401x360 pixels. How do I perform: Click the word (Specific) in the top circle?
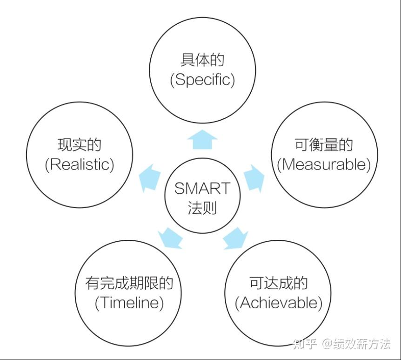point(202,80)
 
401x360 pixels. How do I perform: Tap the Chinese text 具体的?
point(202,61)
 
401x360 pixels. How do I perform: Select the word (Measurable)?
point(324,164)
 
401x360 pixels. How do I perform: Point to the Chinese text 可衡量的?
point(324,145)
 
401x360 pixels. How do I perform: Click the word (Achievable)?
point(278,303)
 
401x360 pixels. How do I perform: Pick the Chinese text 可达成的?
point(278,284)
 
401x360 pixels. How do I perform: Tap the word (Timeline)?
point(129,303)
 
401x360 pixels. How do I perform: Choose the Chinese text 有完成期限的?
point(129,284)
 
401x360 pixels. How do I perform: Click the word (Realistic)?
point(79,164)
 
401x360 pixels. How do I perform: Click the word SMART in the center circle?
point(202,189)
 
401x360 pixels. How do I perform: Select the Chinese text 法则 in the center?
point(202,208)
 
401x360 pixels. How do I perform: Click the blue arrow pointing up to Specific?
point(202,139)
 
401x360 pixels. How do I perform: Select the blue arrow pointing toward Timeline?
point(170,238)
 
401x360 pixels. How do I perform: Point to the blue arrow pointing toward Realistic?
point(151,177)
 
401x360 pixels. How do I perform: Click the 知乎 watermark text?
point(304,344)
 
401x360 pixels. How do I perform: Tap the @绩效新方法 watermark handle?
point(357,344)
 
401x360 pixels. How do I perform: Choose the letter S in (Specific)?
point(179,80)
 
